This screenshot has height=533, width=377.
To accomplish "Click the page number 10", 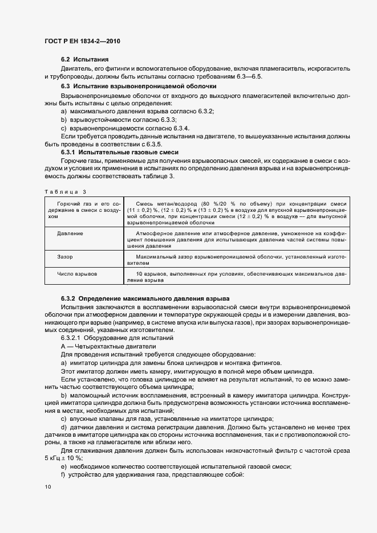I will coord(47,487).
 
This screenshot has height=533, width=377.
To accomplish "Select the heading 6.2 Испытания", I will coord(84,60).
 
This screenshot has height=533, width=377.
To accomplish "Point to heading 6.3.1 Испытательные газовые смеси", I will coord(119,153).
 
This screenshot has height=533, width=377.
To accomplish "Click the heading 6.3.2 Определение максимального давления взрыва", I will coord(144,298).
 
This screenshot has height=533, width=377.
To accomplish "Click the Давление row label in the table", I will coord(70,233).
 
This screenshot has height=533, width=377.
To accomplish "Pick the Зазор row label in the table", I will coord(65,257).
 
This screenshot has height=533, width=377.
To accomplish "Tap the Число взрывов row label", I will coord(77,274).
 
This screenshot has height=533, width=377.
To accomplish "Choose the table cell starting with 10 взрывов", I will coord(237,277).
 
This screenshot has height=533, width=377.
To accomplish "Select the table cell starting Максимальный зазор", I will coord(237,261).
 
